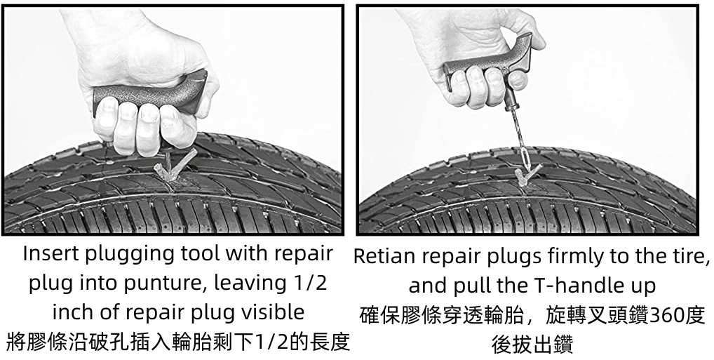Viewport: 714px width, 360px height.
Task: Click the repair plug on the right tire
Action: pos(527,175)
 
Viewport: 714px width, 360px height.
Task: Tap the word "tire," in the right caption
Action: pos(692,257)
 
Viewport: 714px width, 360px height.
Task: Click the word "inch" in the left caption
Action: pos(70,312)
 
